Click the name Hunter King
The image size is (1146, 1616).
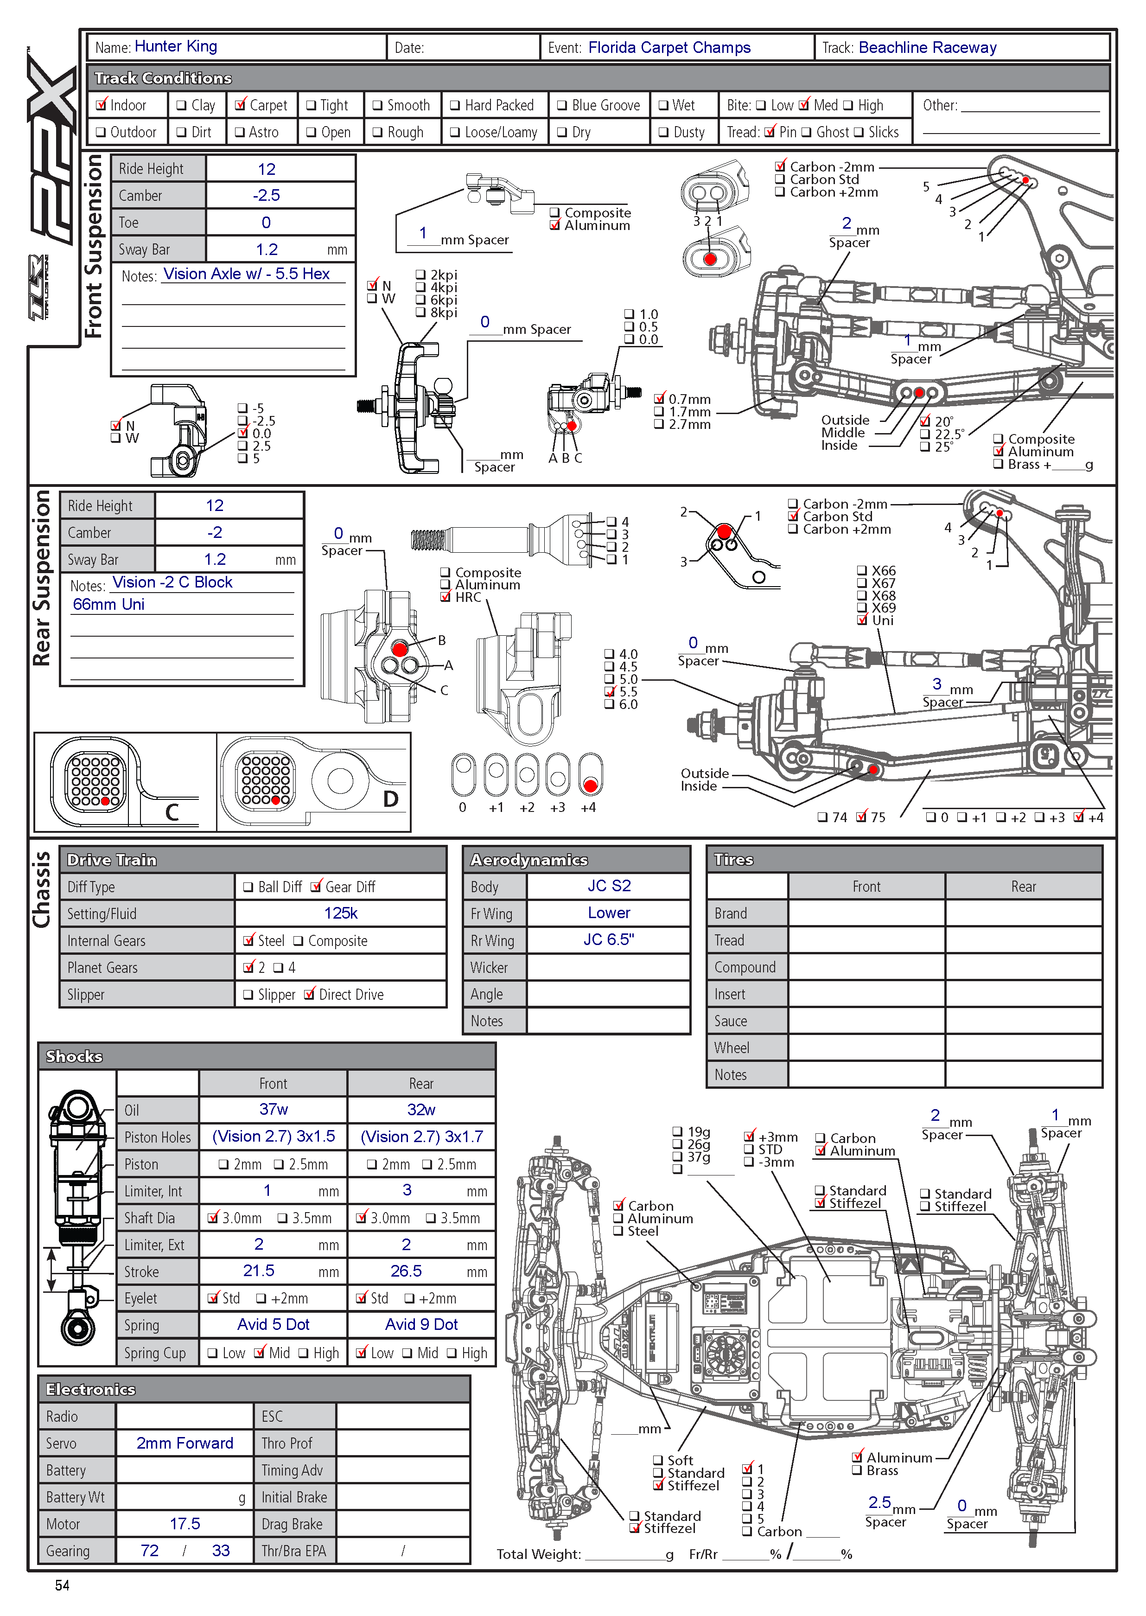(176, 46)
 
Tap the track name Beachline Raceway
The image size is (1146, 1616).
(927, 47)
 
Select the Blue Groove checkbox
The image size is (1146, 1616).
(562, 106)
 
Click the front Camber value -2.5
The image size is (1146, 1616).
(267, 196)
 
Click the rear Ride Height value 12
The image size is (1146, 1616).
(215, 506)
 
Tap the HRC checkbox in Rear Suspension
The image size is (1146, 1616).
(445, 597)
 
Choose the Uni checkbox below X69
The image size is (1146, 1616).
(862, 620)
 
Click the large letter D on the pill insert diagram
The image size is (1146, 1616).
(390, 799)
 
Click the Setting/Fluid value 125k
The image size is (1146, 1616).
(341, 913)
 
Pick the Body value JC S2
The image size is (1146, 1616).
(609, 886)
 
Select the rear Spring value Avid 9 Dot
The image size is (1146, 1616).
(421, 1324)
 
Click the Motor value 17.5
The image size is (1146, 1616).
(185, 1524)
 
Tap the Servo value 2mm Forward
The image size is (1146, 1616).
(185, 1443)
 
